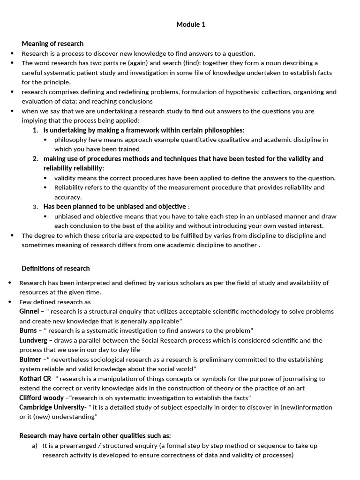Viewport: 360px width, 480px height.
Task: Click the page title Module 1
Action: coord(191,25)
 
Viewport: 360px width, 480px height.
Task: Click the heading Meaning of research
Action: coord(52,44)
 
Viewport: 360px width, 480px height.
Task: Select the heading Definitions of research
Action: coord(55,269)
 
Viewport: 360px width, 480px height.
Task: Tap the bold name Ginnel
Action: coord(29,311)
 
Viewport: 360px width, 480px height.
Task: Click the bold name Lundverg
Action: coord(33,340)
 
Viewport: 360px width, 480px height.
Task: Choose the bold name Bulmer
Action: coord(30,360)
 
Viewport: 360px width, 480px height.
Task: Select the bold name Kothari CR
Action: coord(35,379)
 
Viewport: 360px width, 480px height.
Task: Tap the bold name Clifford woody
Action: coord(41,397)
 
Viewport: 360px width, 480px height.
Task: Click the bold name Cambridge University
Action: coord(52,407)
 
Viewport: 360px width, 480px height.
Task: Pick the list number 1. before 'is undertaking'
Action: coord(35,130)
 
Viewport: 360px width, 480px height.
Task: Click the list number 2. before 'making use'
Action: coord(35,159)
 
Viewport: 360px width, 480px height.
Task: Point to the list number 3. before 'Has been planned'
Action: coord(35,207)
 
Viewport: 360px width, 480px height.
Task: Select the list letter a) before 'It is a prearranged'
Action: coord(35,446)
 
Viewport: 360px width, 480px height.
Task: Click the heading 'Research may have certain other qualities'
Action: coord(95,435)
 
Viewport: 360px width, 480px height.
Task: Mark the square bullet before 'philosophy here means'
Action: coord(45,140)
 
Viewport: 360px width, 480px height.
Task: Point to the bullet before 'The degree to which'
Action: coord(12,235)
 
